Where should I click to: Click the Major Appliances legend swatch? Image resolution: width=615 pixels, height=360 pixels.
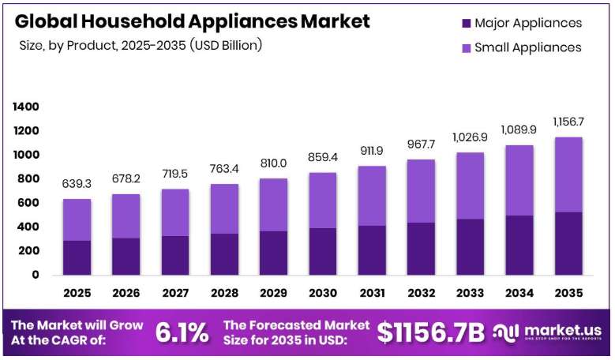pyautogui.click(x=467, y=23)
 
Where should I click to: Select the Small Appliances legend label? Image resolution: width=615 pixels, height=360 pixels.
pyautogui.click(x=528, y=47)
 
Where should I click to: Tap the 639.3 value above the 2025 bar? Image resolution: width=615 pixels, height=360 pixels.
pyautogui.click(x=77, y=183)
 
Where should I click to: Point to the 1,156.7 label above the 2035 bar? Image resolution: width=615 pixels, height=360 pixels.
pyautogui.click(x=568, y=122)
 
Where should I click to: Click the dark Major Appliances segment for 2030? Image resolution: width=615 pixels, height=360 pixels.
pyautogui.click(x=323, y=251)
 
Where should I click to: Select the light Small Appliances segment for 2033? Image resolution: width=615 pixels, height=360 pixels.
pyautogui.click(x=471, y=186)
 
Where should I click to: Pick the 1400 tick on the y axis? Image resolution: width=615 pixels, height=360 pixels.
pyautogui.click(x=26, y=107)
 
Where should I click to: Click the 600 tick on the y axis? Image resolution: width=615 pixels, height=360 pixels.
pyautogui.click(x=28, y=203)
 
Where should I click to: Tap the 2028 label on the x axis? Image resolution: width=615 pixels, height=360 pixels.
pyautogui.click(x=224, y=293)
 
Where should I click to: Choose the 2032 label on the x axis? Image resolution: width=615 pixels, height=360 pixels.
pyautogui.click(x=422, y=293)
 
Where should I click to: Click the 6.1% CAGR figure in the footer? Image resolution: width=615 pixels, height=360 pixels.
pyautogui.click(x=182, y=333)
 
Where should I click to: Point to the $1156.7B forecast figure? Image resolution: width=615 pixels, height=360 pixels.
pyautogui.click(x=430, y=333)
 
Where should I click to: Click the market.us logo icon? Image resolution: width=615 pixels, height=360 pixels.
pyautogui.click(x=506, y=333)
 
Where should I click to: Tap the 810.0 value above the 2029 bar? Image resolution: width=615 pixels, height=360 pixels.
pyautogui.click(x=273, y=163)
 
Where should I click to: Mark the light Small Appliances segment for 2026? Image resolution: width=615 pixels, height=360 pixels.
pyautogui.click(x=126, y=216)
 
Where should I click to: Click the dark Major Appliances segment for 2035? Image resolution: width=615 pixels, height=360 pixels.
pyautogui.click(x=568, y=243)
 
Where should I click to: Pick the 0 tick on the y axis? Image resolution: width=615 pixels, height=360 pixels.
pyautogui.click(x=36, y=275)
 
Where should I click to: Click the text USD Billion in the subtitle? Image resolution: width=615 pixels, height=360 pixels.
pyautogui.click(x=226, y=46)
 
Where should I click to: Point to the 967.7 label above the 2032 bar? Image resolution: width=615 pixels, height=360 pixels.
pyautogui.click(x=422, y=144)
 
